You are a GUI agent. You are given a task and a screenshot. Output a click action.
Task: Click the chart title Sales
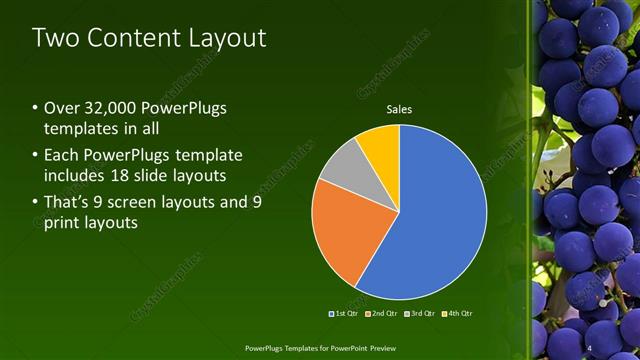399,109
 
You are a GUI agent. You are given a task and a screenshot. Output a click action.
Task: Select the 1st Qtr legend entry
345,314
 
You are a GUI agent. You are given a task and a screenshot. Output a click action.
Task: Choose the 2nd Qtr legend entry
383,314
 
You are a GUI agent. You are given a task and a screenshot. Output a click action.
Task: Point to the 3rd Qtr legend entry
420,314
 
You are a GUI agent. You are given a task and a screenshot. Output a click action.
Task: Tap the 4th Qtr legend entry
457,314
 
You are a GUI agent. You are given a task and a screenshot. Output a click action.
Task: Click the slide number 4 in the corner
591,347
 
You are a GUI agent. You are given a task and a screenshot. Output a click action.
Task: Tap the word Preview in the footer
378,348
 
